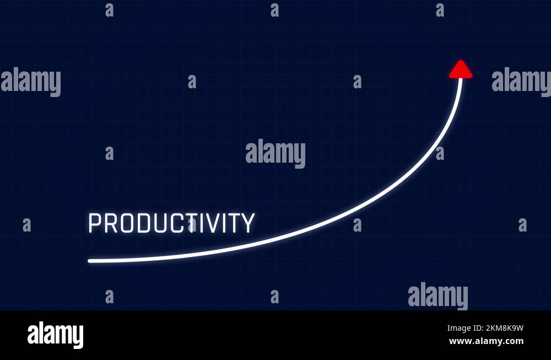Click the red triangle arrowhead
(x=461, y=70)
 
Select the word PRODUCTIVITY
(x=171, y=223)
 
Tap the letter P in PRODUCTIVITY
(x=95, y=223)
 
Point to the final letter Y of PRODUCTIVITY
(x=249, y=223)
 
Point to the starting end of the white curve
(x=90, y=261)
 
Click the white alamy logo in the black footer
(x=55, y=335)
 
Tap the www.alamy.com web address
(x=486, y=341)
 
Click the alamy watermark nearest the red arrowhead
(x=521, y=82)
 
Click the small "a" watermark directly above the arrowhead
(x=440, y=10)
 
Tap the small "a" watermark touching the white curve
(x=439, y=153)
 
